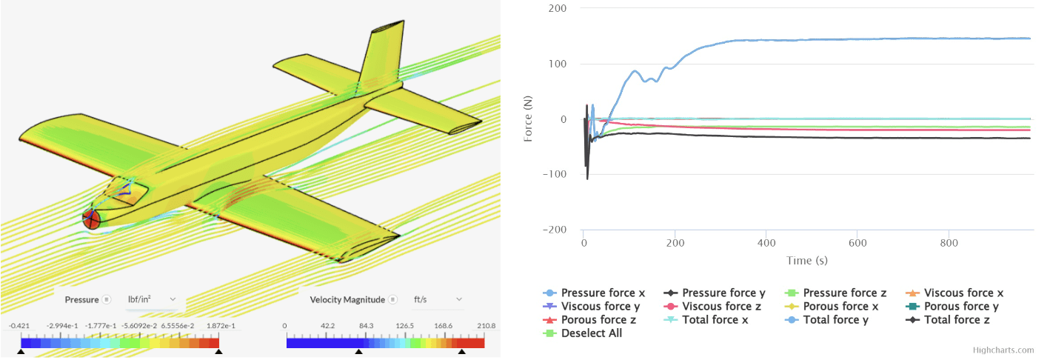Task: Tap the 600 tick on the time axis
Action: click(x=857, y=242)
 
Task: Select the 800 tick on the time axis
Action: click(x=949, y=242)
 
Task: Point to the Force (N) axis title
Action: click(x=529, y=119)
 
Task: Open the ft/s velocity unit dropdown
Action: click(x=437, y=299)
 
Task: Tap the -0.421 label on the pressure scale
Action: click(x=19, y=326)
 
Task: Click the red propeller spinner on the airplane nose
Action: click(x=91, y=219)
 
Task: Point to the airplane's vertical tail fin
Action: click(x=381, y=56)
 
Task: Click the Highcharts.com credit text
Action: click(x=1004, y=350)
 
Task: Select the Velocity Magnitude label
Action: click(x=347, y=299)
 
